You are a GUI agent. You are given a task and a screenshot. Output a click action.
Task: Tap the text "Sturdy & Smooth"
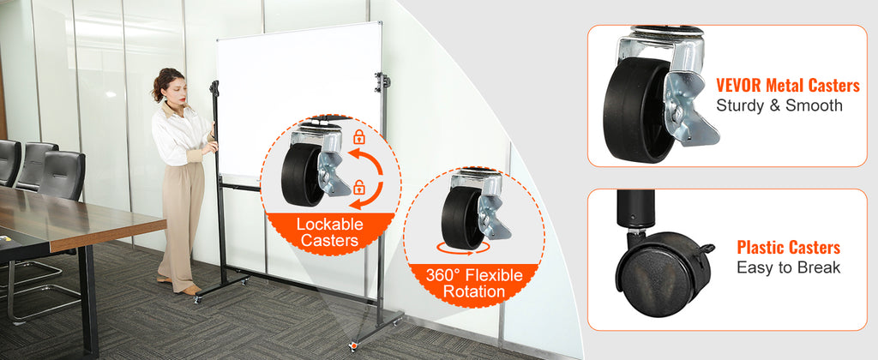[x=779, y=105]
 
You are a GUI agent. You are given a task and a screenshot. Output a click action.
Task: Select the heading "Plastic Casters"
[x=788, y=248]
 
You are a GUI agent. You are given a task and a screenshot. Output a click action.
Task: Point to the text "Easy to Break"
[x=788, y=267]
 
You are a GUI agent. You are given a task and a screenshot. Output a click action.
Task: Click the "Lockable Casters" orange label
[x=329, y=232]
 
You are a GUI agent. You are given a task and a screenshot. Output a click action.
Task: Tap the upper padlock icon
[x=358, y=136]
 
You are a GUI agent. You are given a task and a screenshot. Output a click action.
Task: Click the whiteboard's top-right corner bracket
[x=382, y=82]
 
